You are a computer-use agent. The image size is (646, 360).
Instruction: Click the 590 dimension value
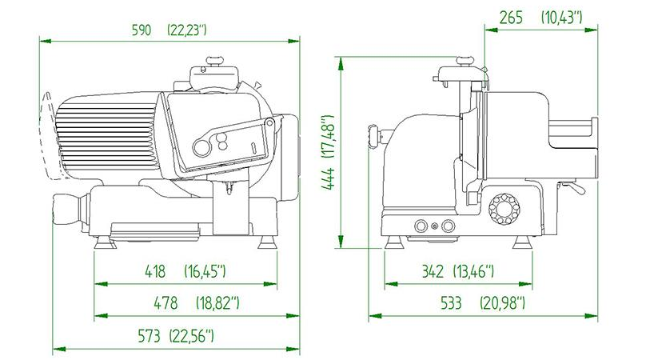(x=142, y=30)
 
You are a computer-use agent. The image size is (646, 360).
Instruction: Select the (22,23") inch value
(x=187, y=30)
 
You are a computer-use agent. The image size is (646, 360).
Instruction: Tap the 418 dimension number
(x=155, y=271)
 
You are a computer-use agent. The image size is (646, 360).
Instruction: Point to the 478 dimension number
(x=165, y=303)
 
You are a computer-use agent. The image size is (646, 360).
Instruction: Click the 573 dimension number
(x=149, y=336)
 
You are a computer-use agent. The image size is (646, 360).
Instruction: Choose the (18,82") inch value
(x=217, y=303)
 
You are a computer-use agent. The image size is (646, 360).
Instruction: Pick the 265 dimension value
(x=511, y=18)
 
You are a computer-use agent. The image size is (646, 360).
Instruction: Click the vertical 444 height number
(x=329, y=179)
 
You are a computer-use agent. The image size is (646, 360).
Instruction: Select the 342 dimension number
(x=433, y=271)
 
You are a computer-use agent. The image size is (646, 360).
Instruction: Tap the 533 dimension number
(x=451, y=303)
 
